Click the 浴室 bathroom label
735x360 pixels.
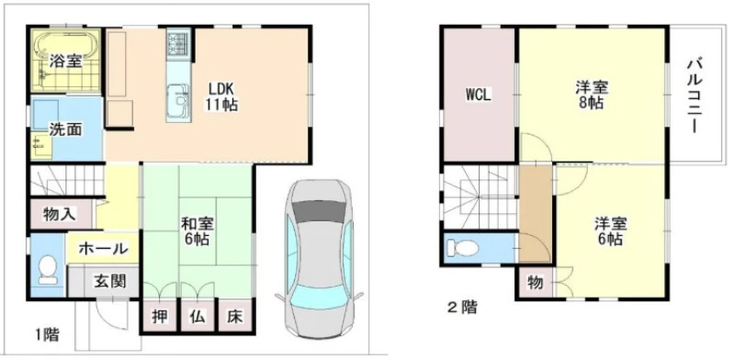pos(66,62)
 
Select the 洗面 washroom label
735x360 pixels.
pos(66,129)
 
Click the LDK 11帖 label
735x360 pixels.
pos(220,96)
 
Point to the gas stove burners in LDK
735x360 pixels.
pos(178,43)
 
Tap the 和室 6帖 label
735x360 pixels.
pos(198,231)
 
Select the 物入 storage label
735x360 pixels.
pos(59,214)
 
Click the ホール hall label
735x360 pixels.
pos(103,249)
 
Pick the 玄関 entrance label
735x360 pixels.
pos(110,281)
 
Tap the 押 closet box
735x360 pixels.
pos(160,317)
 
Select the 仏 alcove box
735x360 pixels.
pos(198,317)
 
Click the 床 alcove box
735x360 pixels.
pos(235,317)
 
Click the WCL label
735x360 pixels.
pos(478,96)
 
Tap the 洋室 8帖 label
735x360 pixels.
pos(592,96)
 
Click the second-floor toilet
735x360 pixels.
pos(463,248)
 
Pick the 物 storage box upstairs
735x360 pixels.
pos(535,283)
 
